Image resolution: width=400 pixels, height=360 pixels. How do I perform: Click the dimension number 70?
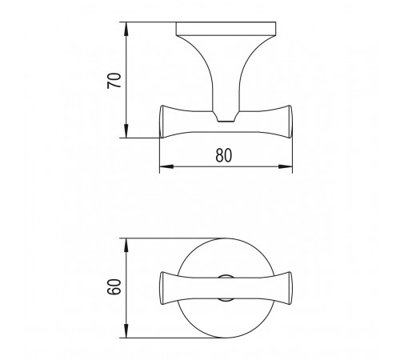[x=114, y=81]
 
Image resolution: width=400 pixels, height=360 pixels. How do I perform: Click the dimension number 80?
[x=224, y=155]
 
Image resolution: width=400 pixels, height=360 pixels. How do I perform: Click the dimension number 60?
[x=114, y=286]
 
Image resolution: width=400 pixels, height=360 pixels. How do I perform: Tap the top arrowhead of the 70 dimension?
[x=126, y=30]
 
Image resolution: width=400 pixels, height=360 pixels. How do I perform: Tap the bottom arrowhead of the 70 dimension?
[x=126, y=131]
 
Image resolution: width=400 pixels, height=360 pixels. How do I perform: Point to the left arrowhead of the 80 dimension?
[x=166, y=166]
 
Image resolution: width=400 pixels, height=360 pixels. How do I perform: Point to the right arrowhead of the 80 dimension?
[x=286, y=166]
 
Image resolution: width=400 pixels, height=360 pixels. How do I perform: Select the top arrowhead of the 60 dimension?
[x=126, y=246]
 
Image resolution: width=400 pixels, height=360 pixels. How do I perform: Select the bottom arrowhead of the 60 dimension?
[x=126, y=331]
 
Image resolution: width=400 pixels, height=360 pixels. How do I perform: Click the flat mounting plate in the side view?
[x=226, y=29]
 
